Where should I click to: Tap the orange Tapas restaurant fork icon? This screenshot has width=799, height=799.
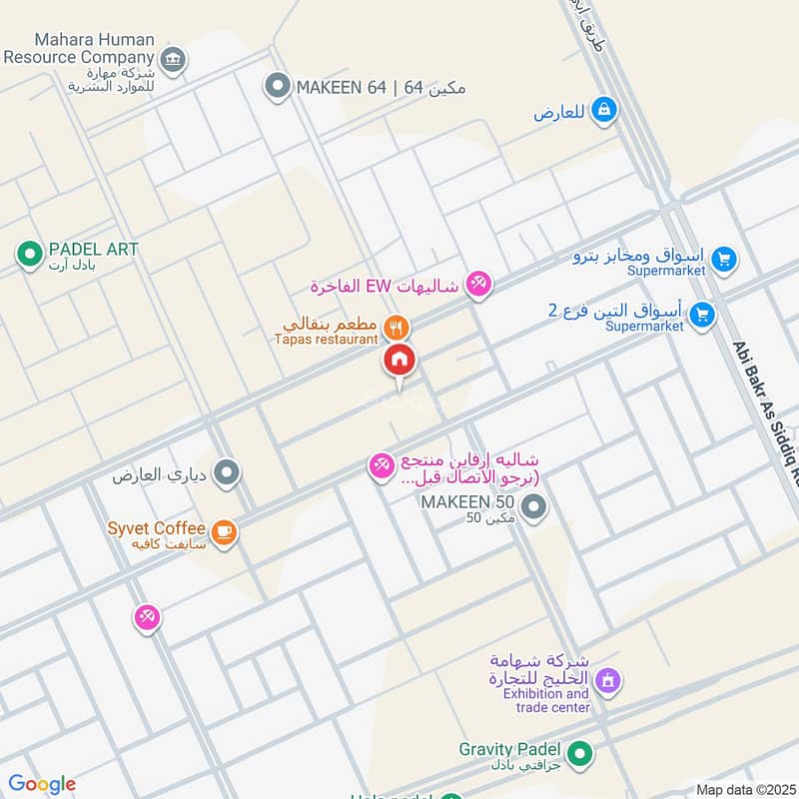coord(398,327)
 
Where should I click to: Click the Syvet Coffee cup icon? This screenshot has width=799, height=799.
coord(225,531)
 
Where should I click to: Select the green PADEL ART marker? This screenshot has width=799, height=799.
coord(29,254)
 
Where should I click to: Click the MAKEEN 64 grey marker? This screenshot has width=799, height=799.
coord(277,87)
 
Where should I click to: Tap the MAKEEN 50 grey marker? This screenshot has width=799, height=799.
coord(534,509)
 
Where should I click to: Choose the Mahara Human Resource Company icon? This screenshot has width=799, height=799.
coord(174,60)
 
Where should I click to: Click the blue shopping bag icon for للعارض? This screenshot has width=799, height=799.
coord(603,111)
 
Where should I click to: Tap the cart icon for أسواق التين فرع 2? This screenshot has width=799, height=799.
coord(702,315)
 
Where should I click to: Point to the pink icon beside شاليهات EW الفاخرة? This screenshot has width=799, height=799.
coord(479,286)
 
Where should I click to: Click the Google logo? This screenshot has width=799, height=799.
coord(41,784)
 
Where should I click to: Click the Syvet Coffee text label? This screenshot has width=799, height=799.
coord(158,527)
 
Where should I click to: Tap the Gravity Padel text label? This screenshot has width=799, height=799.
coord(508,748)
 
